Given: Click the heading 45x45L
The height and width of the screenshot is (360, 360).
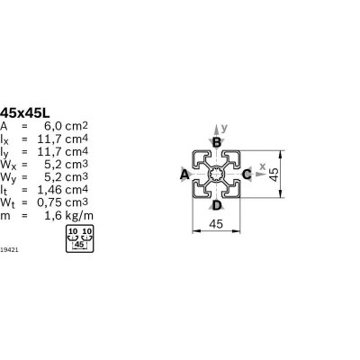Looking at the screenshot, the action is pyautogui.click(x=25, y=113).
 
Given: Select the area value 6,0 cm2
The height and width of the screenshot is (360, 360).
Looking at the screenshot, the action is pyautogui.click(x=66, y=126).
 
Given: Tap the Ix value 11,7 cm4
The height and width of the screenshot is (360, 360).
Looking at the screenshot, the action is pyautogui.click(x=63, y=139).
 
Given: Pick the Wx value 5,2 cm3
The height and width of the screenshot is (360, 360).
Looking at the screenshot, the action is pyautogui.click(x=66, y=165).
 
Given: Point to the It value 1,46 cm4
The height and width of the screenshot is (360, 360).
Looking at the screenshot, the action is pyautogui.click(x=63, y=190).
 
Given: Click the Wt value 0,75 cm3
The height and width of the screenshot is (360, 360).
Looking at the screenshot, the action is pyautogui.click(x=63, y=202).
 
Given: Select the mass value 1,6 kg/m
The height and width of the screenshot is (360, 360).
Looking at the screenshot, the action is pyautogui.click(x=69, y=216).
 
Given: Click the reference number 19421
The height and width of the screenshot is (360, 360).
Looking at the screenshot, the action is pyautogui.click(x=9, y=249).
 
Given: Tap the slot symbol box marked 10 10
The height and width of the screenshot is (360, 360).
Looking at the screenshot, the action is pyautogui.click(x=80, y=238).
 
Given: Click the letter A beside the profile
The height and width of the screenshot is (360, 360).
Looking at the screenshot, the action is pyautogui.click(x=184, y=175).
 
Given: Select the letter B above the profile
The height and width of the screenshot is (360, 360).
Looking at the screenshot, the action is pyautogui.click(x=217, y=142).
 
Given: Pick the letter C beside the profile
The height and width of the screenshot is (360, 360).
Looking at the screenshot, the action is pyautogui.click(x=247, y=175).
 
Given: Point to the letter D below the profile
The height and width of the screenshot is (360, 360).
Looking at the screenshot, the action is pyautogui.click(x=217, y=206).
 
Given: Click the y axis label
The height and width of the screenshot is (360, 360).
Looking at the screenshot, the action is pyautogui.click(x=224, y=129).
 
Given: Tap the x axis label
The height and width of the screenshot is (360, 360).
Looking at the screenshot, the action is pyautogui.click(x=263, y=166).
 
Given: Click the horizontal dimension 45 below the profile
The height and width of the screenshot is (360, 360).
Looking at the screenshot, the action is pyautogui.click(x=216, y=223).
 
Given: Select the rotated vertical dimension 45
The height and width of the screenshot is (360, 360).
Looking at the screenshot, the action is pyautogui.click(x=274, y=175).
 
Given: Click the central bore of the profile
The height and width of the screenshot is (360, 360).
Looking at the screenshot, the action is pyautogui.click(x=216, y=175).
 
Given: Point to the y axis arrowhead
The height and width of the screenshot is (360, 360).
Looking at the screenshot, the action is pyautogui.click(x=216, y=129).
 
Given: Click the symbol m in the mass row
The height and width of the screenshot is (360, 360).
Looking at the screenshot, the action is pyautogui.click(x=4, y=216).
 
